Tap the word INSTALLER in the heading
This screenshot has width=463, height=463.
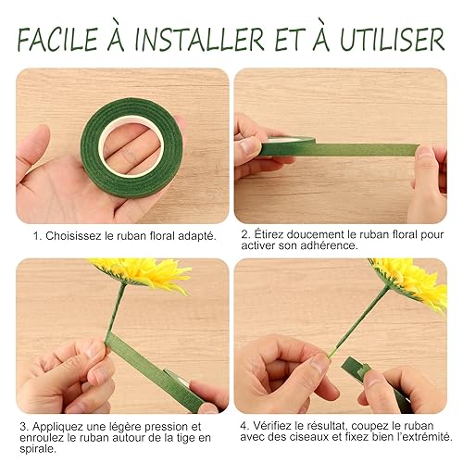click(x=199, y=40)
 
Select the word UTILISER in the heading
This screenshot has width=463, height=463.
click(x=393, y=40)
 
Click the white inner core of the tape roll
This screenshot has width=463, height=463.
click(x=132, y=145)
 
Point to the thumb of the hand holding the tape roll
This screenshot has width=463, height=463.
click(x=33, y=148)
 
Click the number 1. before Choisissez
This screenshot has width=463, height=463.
click(x=38, y=236)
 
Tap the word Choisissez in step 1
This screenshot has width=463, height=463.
click(x=73, y=236)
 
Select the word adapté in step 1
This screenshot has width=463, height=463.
click(x=197, y=236)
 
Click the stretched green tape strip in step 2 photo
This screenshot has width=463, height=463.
click(x=340, y=150)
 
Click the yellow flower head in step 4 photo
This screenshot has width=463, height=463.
click(x=410, y=281)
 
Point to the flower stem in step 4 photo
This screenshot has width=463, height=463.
click(x=358, y=322)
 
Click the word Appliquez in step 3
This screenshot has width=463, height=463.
click(x=57, y=427)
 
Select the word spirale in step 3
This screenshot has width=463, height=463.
click(x=38, y=449)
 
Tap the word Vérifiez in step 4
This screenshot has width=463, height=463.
click(x=272, y=426)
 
